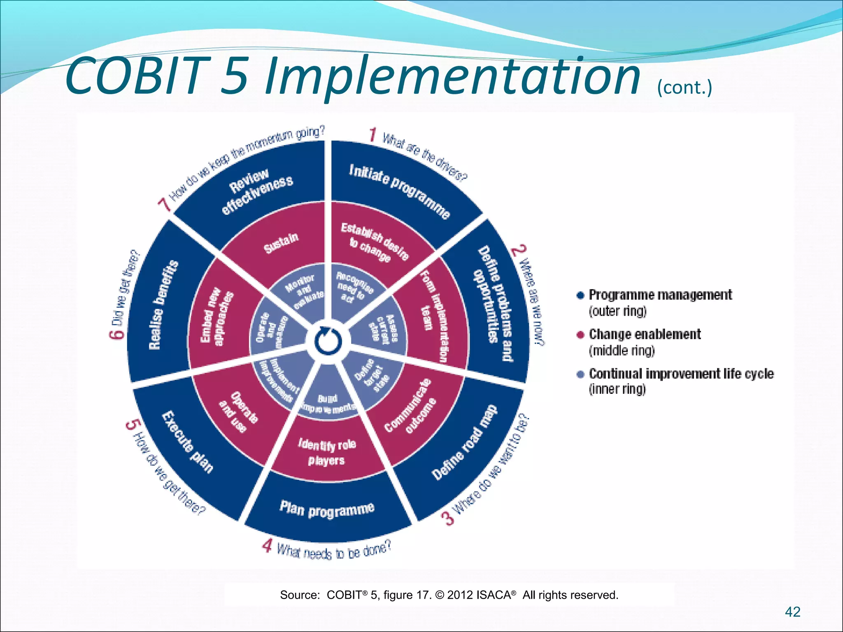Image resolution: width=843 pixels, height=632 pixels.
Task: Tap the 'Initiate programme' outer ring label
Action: coord(399,191)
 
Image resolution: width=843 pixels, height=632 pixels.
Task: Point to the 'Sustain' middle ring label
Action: coord(281,243)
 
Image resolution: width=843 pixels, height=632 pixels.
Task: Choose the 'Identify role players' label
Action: coord(327,452)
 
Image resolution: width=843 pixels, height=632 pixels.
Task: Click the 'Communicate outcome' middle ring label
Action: coord(410,407)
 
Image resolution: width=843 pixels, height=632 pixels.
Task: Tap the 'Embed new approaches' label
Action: coord(217,316)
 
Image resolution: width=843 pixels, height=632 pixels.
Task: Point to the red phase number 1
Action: coord(373,135)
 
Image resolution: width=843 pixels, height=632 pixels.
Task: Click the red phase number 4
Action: coord(267,546)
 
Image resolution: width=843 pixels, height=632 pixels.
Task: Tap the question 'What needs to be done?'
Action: coord(333,551)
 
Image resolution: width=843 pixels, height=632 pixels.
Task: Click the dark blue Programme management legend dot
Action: coord(580,295)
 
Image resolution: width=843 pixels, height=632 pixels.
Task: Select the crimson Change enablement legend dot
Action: coord(580,335)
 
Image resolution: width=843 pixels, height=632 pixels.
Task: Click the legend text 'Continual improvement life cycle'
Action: coord(681,374)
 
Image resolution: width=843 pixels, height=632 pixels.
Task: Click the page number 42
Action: coord(792,612)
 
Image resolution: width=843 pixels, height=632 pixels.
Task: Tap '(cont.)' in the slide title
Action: coord(684,87)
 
